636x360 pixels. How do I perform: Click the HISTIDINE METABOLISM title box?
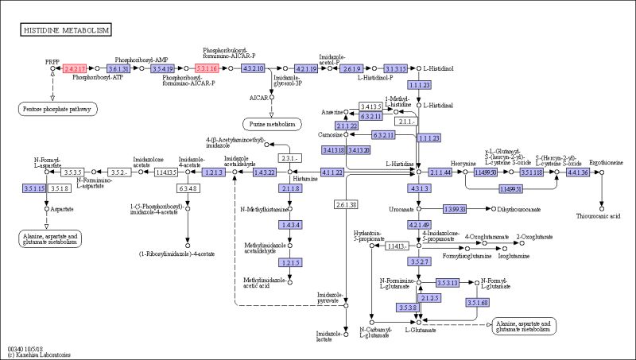pyautogui.click(x=66, y=29)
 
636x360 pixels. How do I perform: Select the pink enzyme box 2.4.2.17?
pyautogui.click(x=75, y=68)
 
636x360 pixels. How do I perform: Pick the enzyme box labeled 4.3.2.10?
pyautogui.click(x=253, y=68)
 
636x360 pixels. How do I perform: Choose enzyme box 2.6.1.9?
pyautogui.click(x=351, y=68)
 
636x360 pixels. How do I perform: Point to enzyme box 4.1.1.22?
pyautogui.click(x=332, y=172)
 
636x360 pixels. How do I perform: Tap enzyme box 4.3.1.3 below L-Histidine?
pyautogui.click(x=419, y=188)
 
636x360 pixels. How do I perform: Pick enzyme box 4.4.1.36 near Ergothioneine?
pyautogui.click(x=578, y=172)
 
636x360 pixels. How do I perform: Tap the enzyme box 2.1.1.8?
pyautogui.click(x=289, y=188)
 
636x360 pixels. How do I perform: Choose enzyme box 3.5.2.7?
pyautogui.click(x=419, y=261)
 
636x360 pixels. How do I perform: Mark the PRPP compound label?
pyautogui.click(x=52, y=60)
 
